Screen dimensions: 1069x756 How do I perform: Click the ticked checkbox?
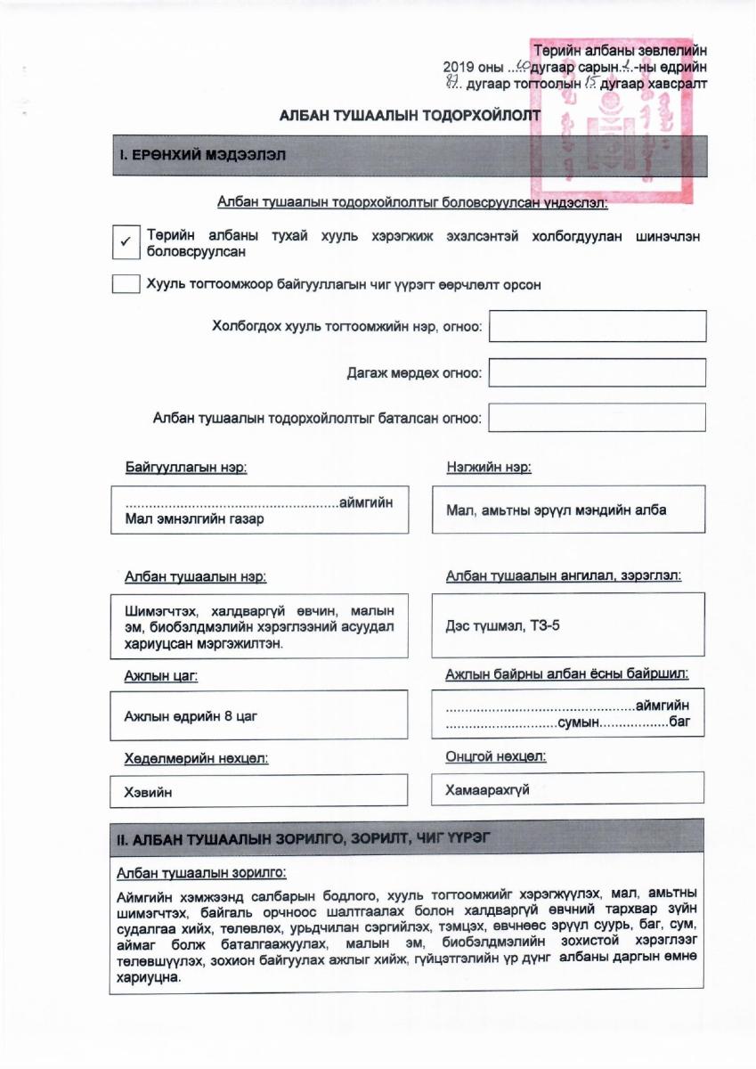click(x=126, y=241)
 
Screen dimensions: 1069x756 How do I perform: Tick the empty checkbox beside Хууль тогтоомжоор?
click(x=126, y=285)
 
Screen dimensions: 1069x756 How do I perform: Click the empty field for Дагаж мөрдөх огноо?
click(x=597, y=372)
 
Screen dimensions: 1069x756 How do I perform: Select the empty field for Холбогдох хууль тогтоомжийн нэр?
click(x=597, y=326)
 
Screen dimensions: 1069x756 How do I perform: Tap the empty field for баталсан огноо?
click(x=597, y=417)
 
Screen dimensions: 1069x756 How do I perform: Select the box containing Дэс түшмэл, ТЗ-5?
click(x=568, y=626)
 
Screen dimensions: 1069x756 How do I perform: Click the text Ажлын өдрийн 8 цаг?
click(x=191, y=715)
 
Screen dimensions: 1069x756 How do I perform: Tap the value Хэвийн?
click(x=148, y=791)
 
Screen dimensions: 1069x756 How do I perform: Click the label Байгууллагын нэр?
click(x=186, y=468)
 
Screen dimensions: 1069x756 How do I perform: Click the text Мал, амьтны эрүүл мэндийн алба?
click(x=556, y=510)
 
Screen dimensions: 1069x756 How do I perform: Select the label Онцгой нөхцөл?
click(x=495, y=757)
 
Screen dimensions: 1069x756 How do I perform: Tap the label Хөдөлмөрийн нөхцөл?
click(x=196, y=759)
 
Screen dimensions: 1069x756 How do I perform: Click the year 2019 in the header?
click(x=460, y=68)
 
